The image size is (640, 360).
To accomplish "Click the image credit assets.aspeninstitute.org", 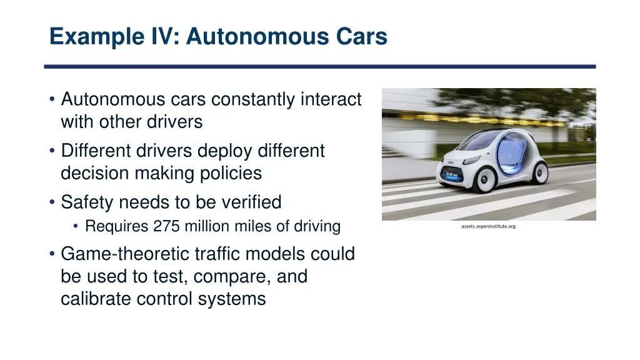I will tap(489, 226).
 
